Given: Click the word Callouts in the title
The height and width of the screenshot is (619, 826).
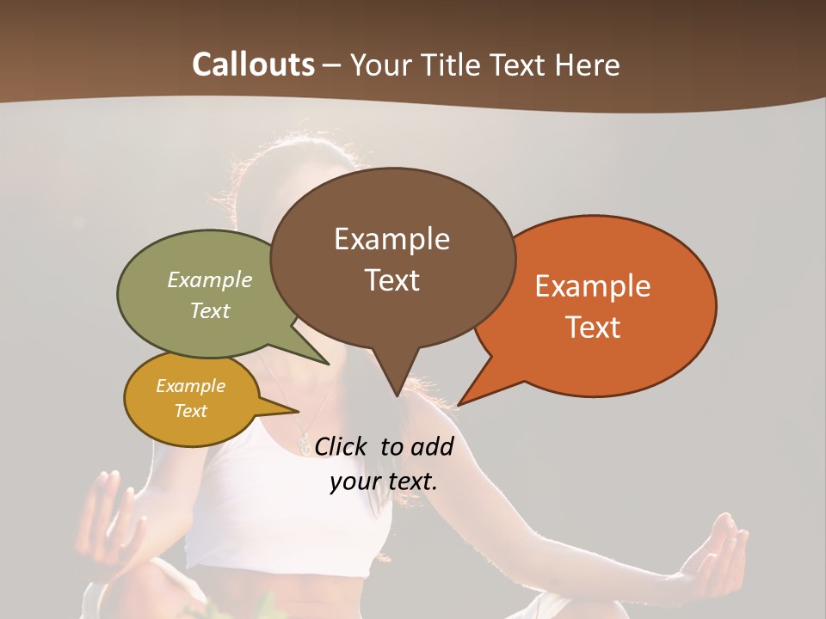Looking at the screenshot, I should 253,64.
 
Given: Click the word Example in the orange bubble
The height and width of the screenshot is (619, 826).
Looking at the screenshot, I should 593,286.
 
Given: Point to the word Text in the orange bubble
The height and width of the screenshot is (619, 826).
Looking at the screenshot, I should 593,328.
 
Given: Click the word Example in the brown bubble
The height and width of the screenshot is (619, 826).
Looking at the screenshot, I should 391,239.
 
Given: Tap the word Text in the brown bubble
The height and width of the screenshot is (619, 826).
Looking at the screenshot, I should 391,280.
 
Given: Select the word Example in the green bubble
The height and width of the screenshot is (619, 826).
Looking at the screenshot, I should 210,280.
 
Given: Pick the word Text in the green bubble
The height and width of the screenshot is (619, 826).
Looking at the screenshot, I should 210,310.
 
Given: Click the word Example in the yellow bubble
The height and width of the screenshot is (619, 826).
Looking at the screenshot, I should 190,386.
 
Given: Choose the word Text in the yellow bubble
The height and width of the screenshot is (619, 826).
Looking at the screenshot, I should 190,411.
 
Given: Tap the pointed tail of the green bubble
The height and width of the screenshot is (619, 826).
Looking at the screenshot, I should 324,359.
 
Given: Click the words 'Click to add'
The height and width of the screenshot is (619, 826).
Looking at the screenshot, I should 384,446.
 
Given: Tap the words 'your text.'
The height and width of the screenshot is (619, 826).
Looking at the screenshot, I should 384,481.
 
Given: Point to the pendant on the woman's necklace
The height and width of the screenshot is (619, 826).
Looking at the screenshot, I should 303,443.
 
